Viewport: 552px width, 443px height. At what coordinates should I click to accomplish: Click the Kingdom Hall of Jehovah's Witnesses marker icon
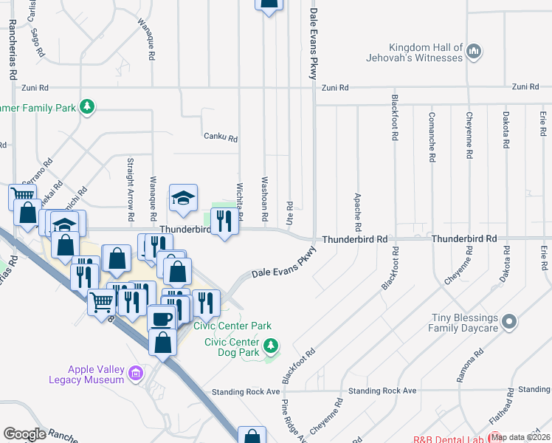coord(475,52)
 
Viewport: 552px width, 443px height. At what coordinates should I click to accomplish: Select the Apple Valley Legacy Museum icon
coord(135,374)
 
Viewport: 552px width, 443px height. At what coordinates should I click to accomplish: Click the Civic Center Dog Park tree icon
coord(271,345)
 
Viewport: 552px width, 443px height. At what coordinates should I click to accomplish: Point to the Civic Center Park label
coord(232,326)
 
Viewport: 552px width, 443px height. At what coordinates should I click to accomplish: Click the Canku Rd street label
coord(221,137)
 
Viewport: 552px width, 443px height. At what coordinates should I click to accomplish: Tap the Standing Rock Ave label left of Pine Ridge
coord(246,391)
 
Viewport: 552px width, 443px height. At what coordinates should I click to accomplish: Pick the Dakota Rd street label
coord(506,135)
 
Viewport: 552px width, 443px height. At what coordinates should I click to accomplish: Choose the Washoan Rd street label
coord(263,191)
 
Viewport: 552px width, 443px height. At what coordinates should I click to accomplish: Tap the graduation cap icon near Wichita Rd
coord(184,197)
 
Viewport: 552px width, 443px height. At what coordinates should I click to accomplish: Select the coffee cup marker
coord(162,318)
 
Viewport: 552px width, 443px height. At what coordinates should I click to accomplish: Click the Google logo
coord(24,434)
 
